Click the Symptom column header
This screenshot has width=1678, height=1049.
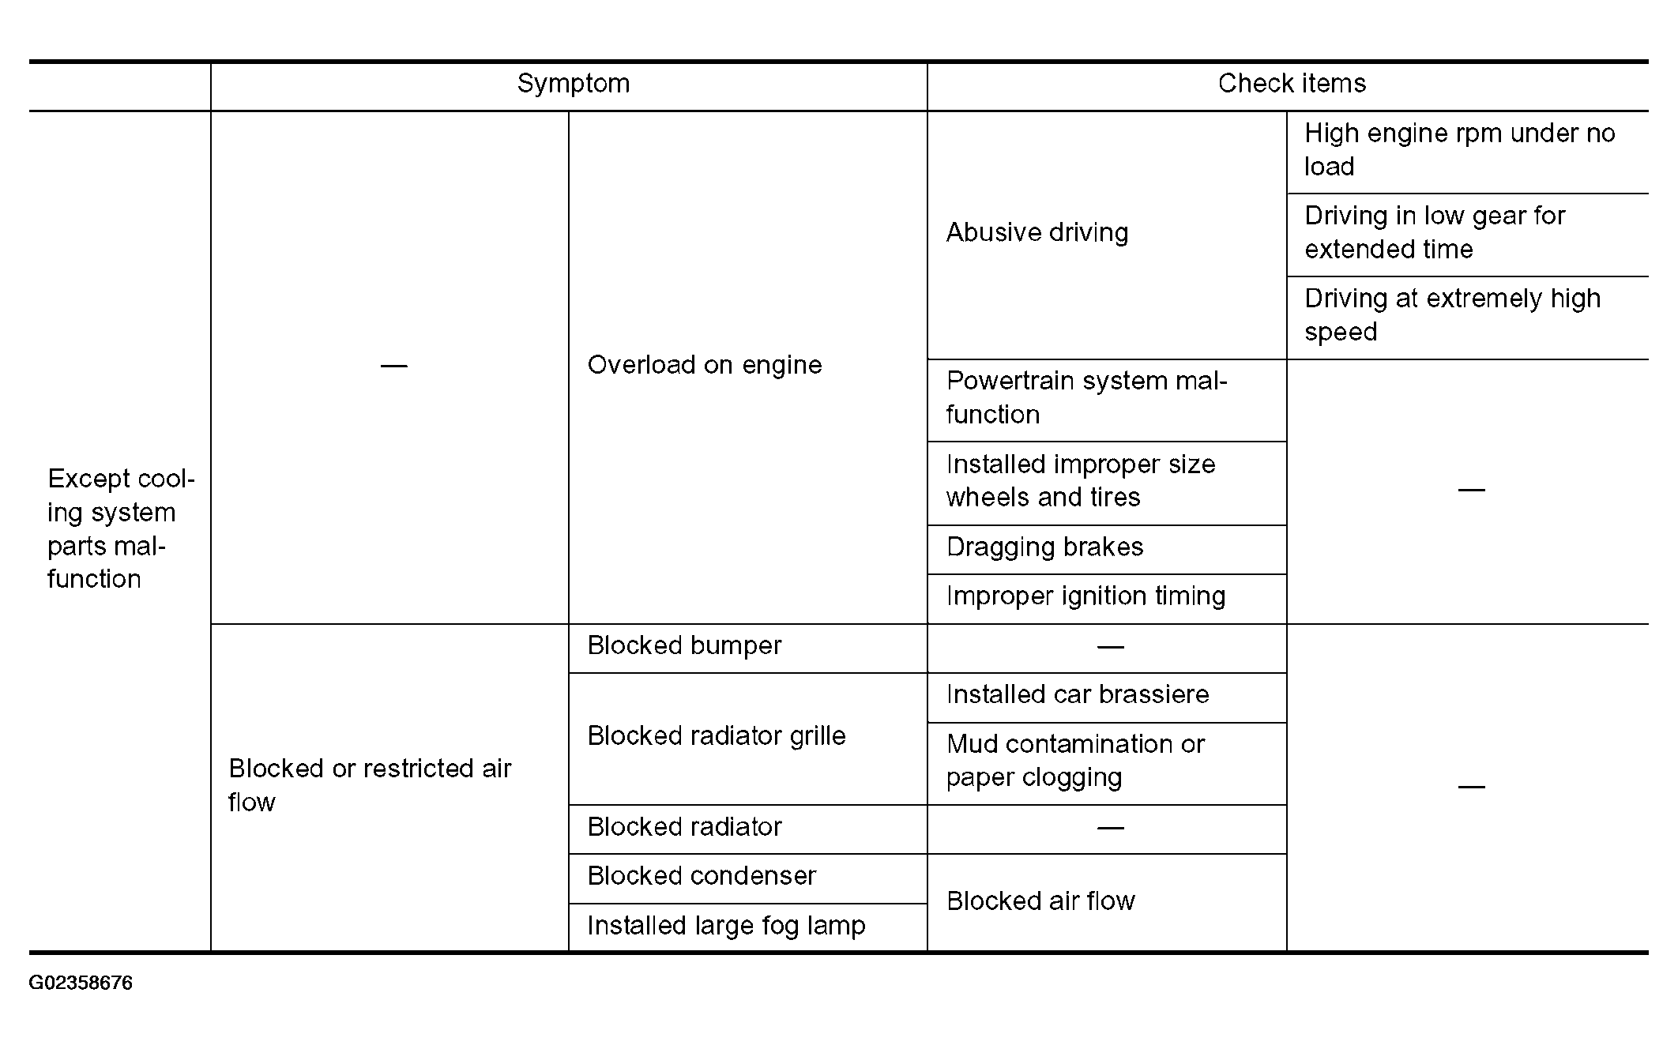(x=573, y=84)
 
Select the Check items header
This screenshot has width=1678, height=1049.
(x=1291, y=84)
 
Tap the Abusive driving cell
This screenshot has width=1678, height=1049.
(x=1037, y=232)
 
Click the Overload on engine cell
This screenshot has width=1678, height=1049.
(x=704, y=365)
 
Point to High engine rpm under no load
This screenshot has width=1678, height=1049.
(x=1458, y=150)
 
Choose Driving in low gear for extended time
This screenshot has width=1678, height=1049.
(x=1434, y=232)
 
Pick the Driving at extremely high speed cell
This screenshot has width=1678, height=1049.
(x=1451, y=315)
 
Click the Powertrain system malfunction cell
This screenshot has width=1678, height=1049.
(x=1086, y=397)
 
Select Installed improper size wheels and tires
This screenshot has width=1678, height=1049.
(x=1080, y=480)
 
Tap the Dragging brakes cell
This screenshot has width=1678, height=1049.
(x=1044, y=547)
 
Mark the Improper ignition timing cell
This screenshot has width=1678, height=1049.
(x=1085, y=596)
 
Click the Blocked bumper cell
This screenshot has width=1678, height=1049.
(x=684, y=645)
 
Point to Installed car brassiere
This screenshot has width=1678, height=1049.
(x=1078, y=694)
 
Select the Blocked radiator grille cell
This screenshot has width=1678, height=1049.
(x=716, y=735)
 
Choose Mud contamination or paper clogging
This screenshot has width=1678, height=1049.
(x=1074, y=760)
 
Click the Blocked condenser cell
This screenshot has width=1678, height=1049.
(x=701, y=875)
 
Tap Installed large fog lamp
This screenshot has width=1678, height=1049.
(x=725, y=925)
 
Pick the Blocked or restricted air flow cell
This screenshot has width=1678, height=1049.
(x=370, y=784)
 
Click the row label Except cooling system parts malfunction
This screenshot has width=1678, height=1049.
(x=120, y=528)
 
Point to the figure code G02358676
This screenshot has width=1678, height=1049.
(x=81, y=983)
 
